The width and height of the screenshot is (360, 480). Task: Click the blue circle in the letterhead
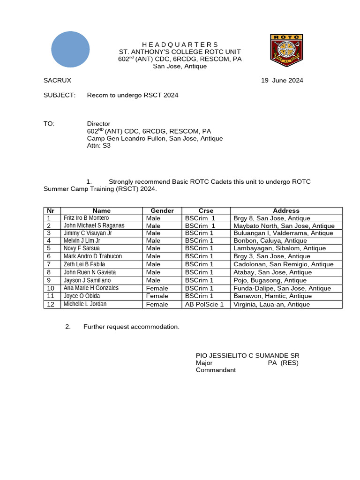coord(70,49)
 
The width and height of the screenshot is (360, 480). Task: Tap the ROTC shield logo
coord(286,50)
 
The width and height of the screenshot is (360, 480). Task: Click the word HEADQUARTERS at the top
coord(180,45)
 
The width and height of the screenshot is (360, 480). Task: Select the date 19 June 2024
coord(282,80)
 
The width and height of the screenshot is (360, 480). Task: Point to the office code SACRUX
coord(57,80)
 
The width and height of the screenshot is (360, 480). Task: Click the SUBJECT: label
coord(60,95)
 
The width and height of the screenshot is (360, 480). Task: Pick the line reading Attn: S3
coord(99,145)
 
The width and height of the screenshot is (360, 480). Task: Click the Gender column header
coord(162,211)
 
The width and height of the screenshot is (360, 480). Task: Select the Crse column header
coord(206,211)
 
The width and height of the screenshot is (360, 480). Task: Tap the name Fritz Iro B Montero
coord(86,218)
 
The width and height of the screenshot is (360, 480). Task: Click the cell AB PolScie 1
coord(204,304)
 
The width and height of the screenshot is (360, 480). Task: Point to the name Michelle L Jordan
coord(85,304)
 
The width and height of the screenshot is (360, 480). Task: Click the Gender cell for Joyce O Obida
coord(157,296)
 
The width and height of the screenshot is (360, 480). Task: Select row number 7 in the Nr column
coord(49,264)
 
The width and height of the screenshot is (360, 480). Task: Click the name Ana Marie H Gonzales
coord(91,288)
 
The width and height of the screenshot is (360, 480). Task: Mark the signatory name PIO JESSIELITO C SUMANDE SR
coord(247,356)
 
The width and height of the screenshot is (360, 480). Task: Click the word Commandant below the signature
coord(216,370)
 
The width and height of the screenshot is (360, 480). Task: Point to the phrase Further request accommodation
coord(131,327)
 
